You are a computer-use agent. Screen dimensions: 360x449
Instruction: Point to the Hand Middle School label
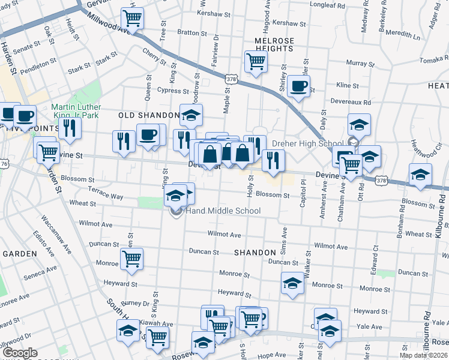click(x=223, y=211)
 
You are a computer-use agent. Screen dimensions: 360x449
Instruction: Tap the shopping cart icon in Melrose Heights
click(x=256, y=61)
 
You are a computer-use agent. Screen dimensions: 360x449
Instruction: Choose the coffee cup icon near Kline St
click(x=298, y=86)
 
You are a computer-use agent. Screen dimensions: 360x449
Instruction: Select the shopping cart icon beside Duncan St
click(x=131, y=259)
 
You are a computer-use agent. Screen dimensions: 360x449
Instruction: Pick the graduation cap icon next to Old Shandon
click(x=191, y=115)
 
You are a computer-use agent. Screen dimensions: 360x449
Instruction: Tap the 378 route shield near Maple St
click(x=231, y=79)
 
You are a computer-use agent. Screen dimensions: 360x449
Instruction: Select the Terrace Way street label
click(x=106, y=196)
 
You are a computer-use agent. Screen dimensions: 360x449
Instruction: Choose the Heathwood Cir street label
click(x=414, y=146)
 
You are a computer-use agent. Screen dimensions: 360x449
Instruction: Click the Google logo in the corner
click(x=20, y=352)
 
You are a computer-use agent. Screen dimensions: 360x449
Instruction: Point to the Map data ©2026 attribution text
click(x=423, y=355)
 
